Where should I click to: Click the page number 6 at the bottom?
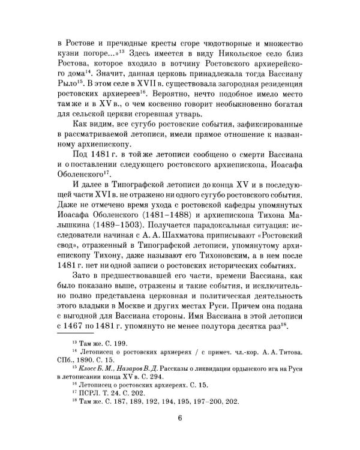[179, 418]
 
